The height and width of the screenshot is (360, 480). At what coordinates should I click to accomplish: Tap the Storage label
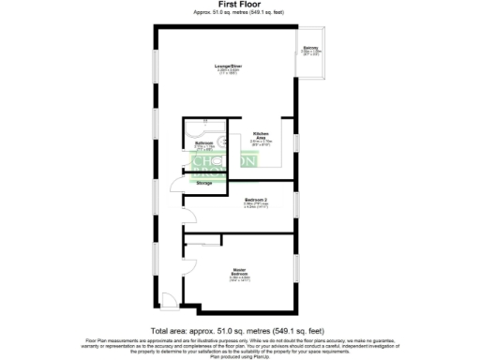(x=204, y=183)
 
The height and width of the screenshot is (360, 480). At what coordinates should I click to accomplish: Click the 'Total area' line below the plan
(x=239, y=331)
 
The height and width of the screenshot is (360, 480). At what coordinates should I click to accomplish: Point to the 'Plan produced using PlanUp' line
(x=239, y=356)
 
